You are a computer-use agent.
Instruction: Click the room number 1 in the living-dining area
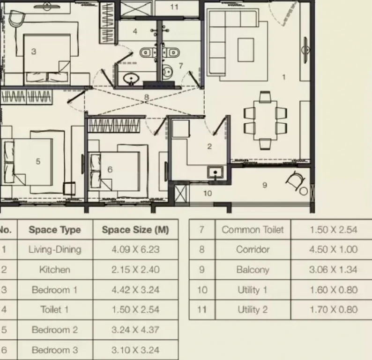coord(283,77)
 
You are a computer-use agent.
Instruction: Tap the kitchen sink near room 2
coord(215,172)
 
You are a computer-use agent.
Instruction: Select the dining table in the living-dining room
coord(265,120)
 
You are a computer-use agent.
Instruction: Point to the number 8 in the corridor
coord(147,97)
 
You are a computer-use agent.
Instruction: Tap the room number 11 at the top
coord(174,7)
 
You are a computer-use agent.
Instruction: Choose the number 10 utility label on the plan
coord(208,194)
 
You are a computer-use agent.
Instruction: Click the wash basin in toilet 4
coord(130,79)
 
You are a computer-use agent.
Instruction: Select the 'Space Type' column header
coord(55,230)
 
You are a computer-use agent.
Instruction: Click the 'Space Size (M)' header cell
coord(135,230)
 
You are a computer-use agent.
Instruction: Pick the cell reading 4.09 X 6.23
coord(135,250)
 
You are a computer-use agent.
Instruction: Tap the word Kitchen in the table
coord(54,270)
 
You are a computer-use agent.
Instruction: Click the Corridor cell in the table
coord(253,250)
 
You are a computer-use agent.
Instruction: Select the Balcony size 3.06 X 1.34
coord(333,270)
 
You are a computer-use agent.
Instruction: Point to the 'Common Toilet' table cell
coord(253,230)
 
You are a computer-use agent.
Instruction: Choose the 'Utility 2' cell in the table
coord(253,310)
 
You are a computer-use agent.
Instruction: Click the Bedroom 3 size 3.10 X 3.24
coord(135,350)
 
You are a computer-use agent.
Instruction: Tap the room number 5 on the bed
coord(38,162)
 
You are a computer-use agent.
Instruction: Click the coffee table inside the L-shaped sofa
coord(246,50)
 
